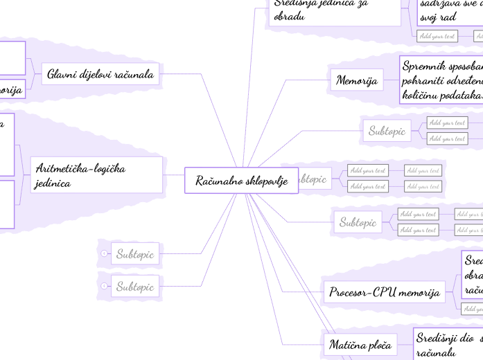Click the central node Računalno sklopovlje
click(241, 181)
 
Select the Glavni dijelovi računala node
click(101, 73)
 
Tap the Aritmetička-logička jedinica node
click(97, 175)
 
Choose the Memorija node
click(356, 81)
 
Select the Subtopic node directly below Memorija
click(387, 130)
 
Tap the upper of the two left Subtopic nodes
click(135, 254)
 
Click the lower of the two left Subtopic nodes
click(135, 286)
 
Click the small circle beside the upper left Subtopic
click(104, 254)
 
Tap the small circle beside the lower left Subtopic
click(104, 286)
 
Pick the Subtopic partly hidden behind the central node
click(313, 179)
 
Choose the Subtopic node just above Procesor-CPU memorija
click(358, 222)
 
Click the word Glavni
click(62, 73)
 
